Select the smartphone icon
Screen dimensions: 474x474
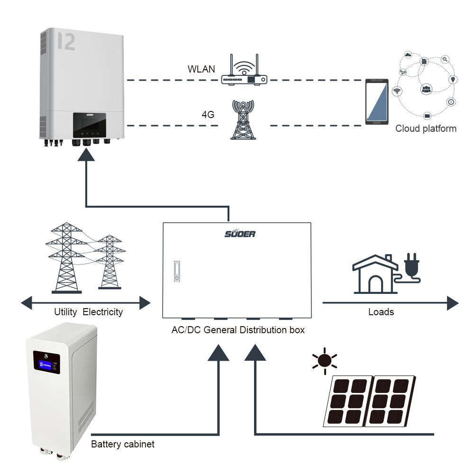point(377,102)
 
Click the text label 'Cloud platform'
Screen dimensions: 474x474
point(426,128)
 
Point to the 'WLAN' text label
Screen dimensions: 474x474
point(201,69)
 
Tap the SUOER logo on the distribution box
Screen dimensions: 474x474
point(240,234)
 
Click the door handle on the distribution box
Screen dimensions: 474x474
point(177,271)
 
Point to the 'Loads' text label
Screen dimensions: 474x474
point(381,312)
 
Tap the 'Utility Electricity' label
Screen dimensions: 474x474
point(88,312)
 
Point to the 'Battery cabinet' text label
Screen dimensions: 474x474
point(123,445)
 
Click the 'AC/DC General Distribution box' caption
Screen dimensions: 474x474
point(238,330)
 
